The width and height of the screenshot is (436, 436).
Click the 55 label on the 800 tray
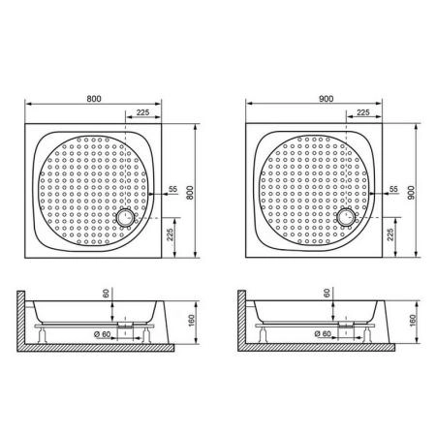pyautogui.click(x=173, y=190)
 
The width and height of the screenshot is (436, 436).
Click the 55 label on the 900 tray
pyautogui.click(x=393, y=190)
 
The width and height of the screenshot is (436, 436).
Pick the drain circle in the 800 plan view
pyautogui.click(x=127, y=219)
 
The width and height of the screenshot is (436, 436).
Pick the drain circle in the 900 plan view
pyautogui.click(x=347, y=219)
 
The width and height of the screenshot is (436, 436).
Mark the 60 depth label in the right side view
pyautogui.click(x=328, y=292)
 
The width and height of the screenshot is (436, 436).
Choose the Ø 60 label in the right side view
pyautogui.click(x=326, y=333)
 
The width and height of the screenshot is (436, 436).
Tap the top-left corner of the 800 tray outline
pyautogui.click(x=24, y=124)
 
